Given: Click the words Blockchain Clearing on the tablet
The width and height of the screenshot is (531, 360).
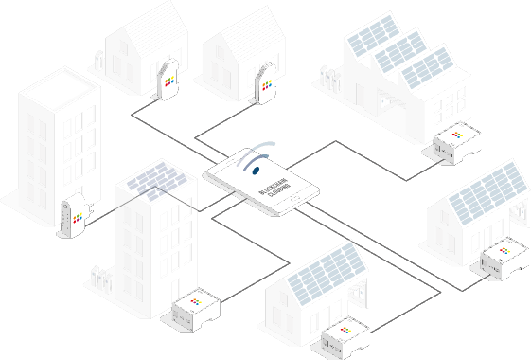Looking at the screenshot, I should coord(274,195).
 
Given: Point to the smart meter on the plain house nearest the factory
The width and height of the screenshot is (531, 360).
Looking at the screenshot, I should coord(267,82).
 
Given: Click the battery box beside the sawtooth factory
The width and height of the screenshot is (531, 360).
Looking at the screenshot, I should coord(457,141).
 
